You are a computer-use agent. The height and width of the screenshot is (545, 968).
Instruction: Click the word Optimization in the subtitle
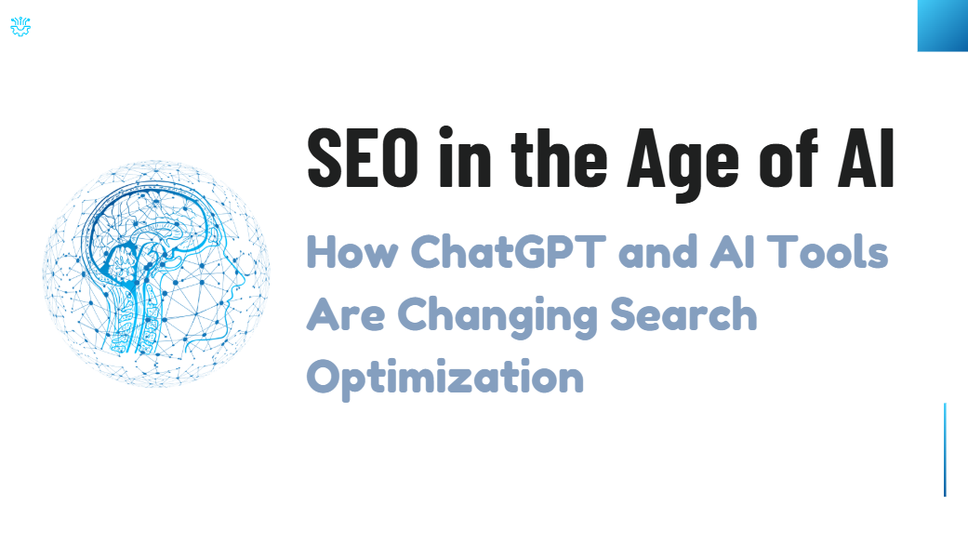click(445, 379)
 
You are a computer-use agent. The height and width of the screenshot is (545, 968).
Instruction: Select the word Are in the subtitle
click(345, 315)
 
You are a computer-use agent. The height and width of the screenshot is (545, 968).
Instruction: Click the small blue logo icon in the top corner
click(20, 28)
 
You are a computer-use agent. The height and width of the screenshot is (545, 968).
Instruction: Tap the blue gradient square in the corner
click(942, 25)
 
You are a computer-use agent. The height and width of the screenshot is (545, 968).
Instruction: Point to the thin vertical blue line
click(945, 449)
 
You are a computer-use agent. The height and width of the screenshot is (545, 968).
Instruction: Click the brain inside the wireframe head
click(149, 242)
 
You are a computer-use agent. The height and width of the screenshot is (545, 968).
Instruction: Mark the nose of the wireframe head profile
click(247, 275)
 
